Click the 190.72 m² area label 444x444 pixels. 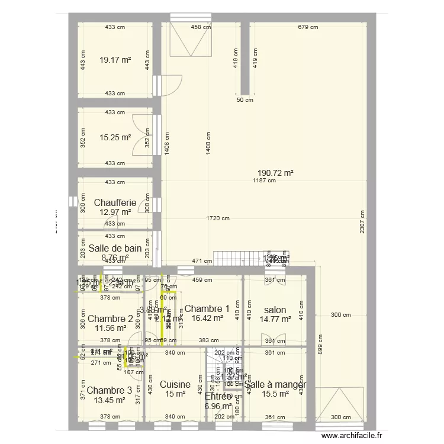tap(272, 173)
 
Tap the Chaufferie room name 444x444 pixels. tap(115, 203)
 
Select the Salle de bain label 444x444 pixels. tap(115, 249)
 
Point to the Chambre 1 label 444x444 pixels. tap(207, 308)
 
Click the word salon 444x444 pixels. tap(275, 310)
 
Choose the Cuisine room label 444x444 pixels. tap(175, 384)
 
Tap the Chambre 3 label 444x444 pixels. tap(109, 390)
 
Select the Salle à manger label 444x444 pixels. tap(275, 384)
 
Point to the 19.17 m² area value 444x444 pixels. tap(115, 60)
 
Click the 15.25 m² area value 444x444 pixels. tap(115, 137)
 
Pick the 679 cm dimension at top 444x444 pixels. tap(308, 27)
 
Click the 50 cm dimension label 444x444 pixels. tap(244, 100)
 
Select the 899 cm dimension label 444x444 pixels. tap(320, 349)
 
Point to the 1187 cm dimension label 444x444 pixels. tap(264, 181)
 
